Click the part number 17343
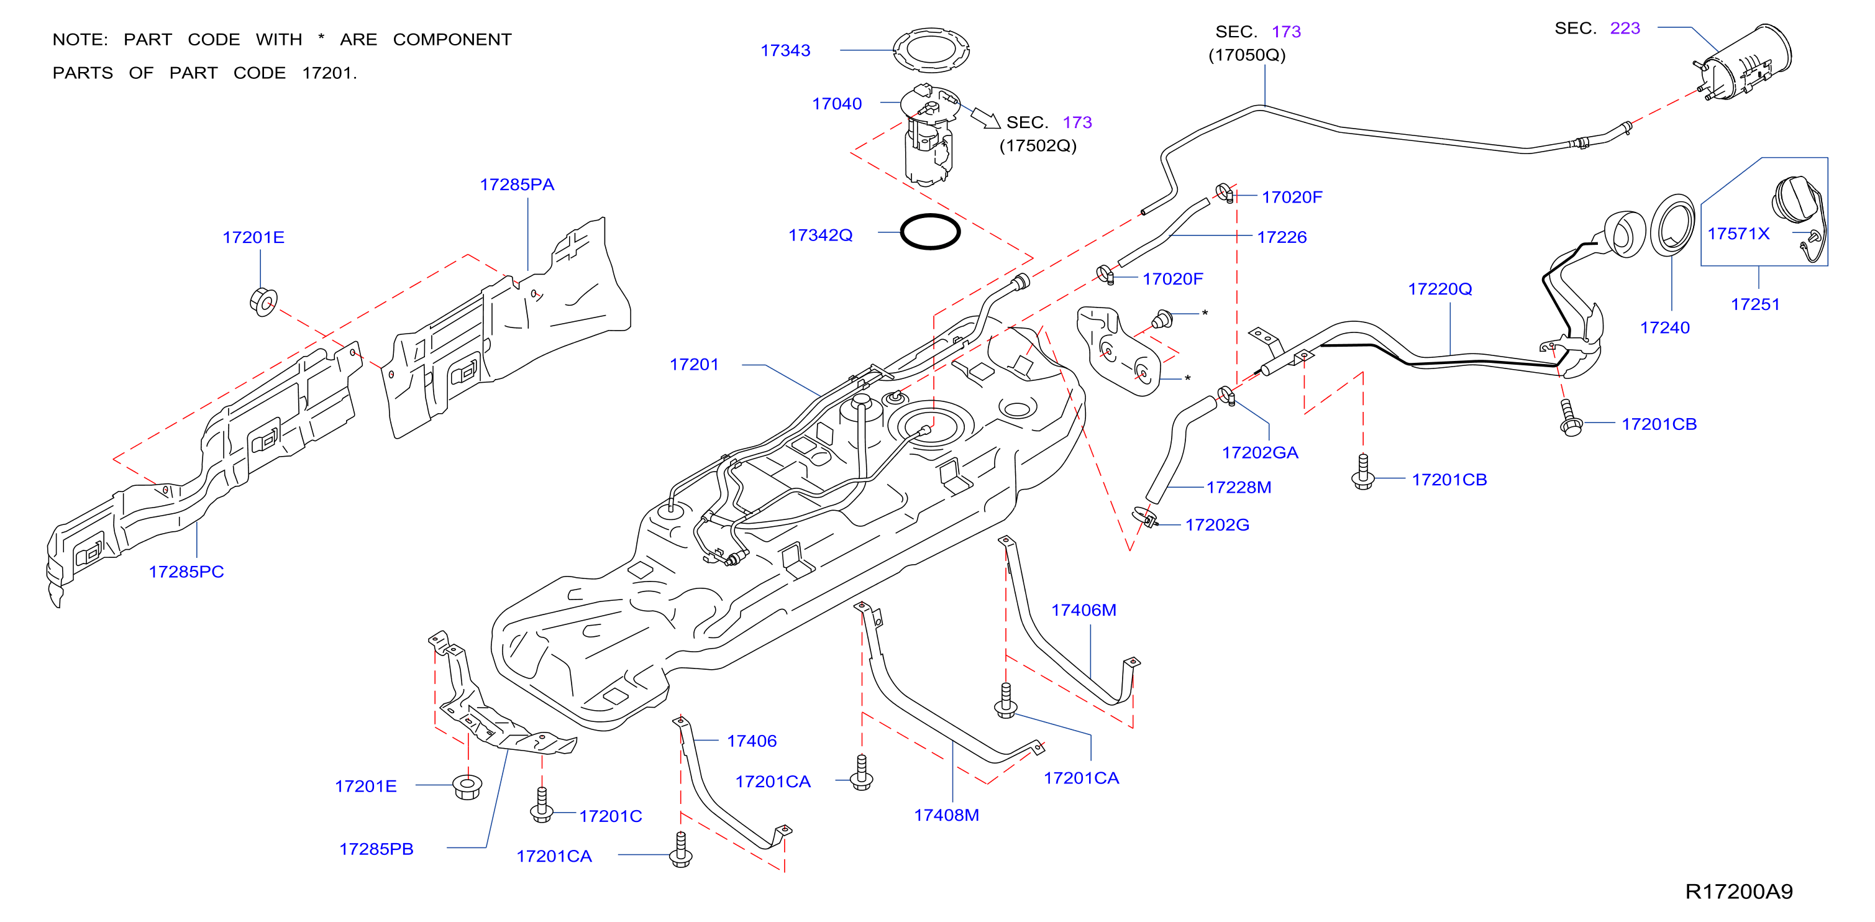click(785, 50)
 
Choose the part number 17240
click(1664, 327)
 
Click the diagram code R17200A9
click(1739, 892)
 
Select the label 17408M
click(946, 815)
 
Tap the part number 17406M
click(1083, 610)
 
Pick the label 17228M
click(1239, 487)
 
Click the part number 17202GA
click(1260, 453)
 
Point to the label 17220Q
click(1439, 289)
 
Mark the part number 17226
click(1282, 237)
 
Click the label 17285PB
click(376, 849)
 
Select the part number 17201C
click(611, 816)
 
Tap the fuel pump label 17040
click(837, 104)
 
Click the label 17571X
click(1738, 234)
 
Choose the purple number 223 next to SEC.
click(1625, 29)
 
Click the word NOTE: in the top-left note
click(80, 39)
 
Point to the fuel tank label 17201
click(695, 365)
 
